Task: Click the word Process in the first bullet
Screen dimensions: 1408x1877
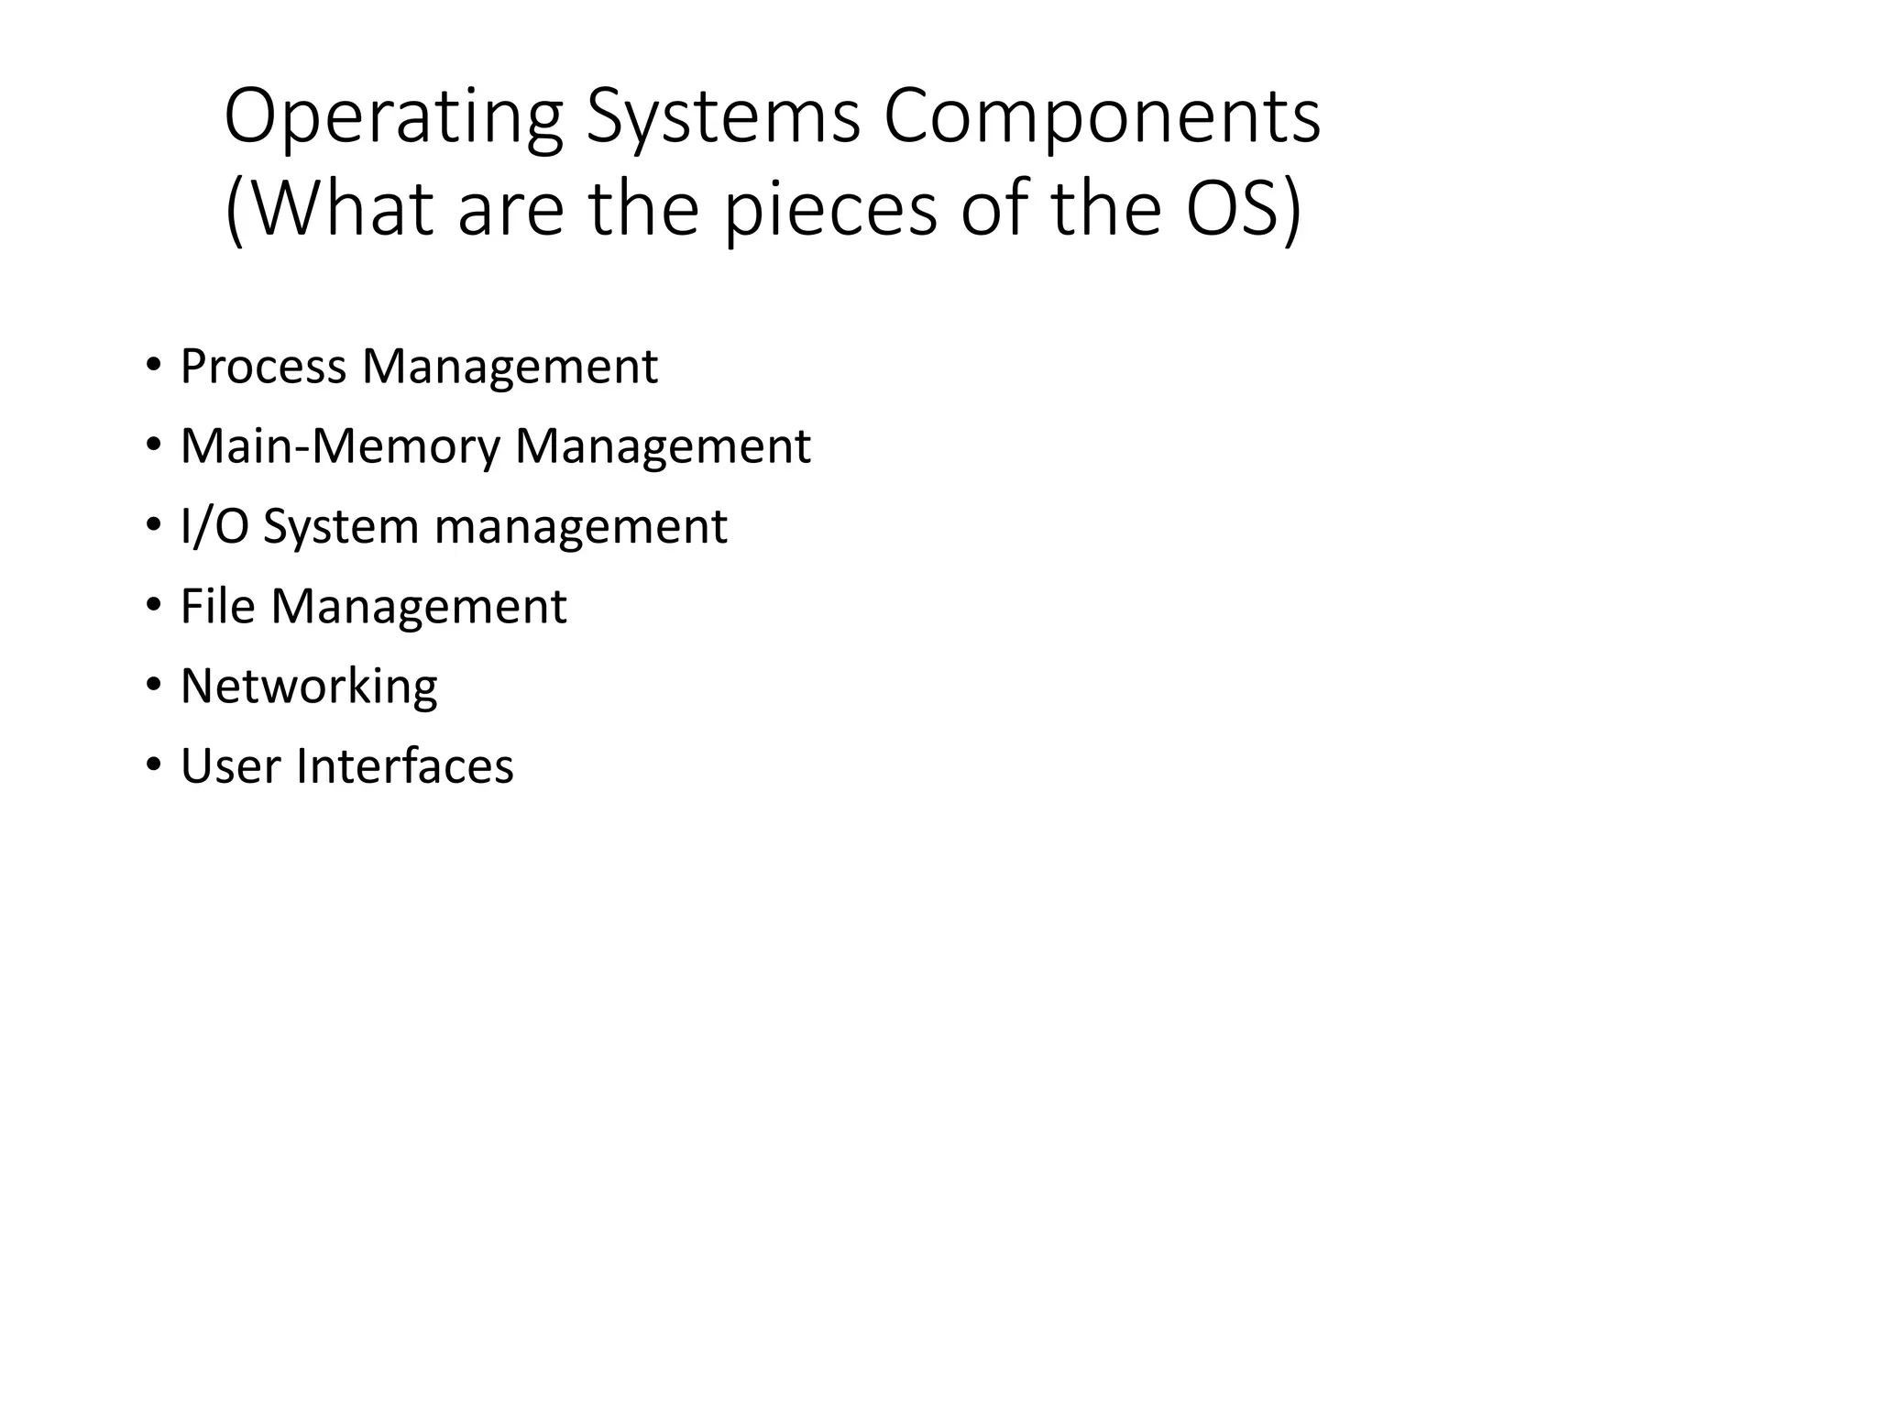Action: (264, 367)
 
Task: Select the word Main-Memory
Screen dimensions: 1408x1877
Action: (341, 447)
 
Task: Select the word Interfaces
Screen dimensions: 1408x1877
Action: (404, 766)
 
